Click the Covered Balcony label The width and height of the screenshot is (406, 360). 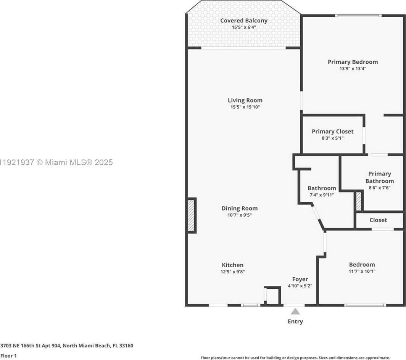[x=244, y=21]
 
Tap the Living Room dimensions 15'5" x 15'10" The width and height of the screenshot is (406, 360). [x=245, y=107]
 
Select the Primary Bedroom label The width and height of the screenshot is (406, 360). [x=353, y=62]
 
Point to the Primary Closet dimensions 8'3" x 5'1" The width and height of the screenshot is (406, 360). [x=332, y=138]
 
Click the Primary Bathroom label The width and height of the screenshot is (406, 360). [x=379, y=177]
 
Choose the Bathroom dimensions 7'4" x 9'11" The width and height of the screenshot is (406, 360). [x=322, y=195]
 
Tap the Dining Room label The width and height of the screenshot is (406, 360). [x=240, y=208]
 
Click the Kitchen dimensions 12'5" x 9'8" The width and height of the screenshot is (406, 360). [x=233, y=272]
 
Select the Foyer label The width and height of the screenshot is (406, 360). [x=300, y=279]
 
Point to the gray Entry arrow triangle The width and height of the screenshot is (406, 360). [x=295, y=311]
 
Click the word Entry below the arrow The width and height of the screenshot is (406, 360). [x=295, y=321]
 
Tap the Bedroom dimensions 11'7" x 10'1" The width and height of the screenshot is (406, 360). [x=362, y=272]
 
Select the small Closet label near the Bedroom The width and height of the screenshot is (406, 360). [x=378, y=220]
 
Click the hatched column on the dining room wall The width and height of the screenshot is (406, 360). [x=191, y=215]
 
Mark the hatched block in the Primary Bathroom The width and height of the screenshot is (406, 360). [x=358, y=201]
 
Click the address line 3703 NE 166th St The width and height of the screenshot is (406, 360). [x=67, y=346]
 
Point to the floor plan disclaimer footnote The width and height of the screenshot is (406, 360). [x=295, y=358]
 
